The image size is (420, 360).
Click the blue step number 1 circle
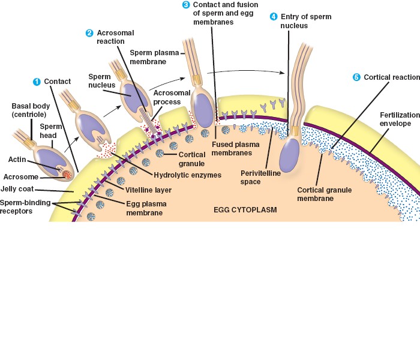(37, 82)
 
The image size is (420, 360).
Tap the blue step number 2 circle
(89, 32)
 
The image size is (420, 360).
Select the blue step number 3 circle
(186, 5)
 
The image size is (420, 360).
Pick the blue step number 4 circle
(274, 16)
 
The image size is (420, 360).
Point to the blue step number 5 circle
(356, 77)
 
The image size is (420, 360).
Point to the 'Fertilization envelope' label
(395, 119)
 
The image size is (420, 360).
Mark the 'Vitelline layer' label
(148, 190)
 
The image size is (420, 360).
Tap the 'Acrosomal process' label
(166, 97)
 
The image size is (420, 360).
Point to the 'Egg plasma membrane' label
(146, 208)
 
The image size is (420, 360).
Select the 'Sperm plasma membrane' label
(154, 56)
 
